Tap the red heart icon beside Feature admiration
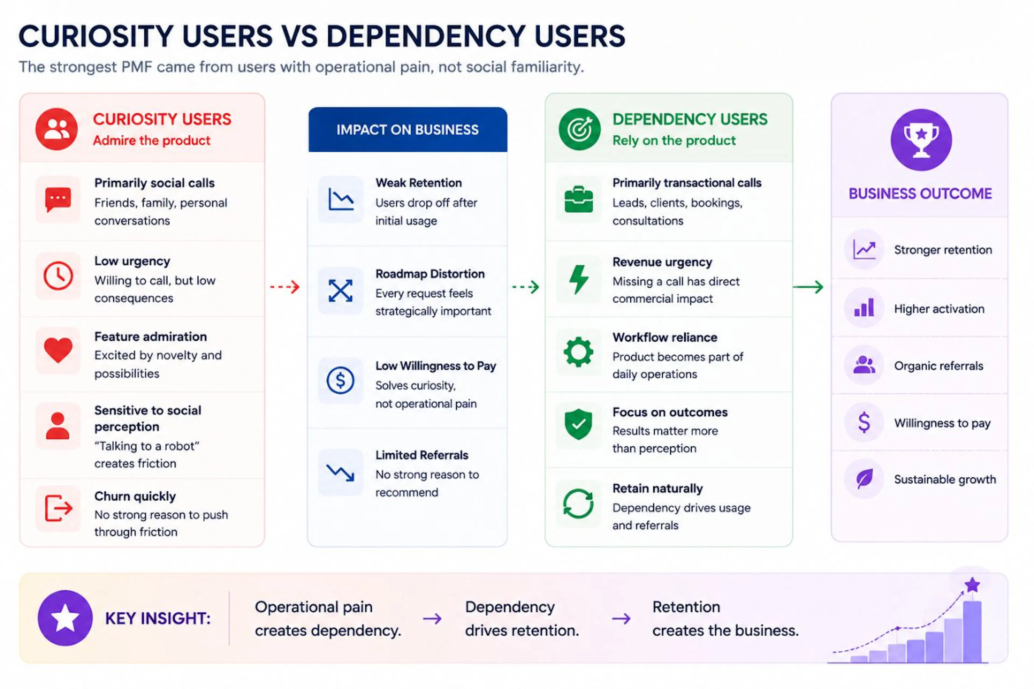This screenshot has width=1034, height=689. (x=58, y=350)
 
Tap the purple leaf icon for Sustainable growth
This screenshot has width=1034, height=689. (x=864, y=478)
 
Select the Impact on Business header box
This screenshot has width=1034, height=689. (x=407, y=130)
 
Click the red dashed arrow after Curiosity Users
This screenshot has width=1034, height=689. (x=285, y=287)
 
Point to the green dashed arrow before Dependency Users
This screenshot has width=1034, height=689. (x=526, y=287)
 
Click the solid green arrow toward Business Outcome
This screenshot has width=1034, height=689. (x=808, y=287)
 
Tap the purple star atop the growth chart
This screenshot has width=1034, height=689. (x=972, y=585)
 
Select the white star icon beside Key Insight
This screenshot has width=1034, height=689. (x=65, y=617)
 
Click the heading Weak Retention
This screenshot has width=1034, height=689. (x=418, y=183)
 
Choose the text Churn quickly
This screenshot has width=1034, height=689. (x=135, y=496)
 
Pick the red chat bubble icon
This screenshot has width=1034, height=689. (x=58, y=199)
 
